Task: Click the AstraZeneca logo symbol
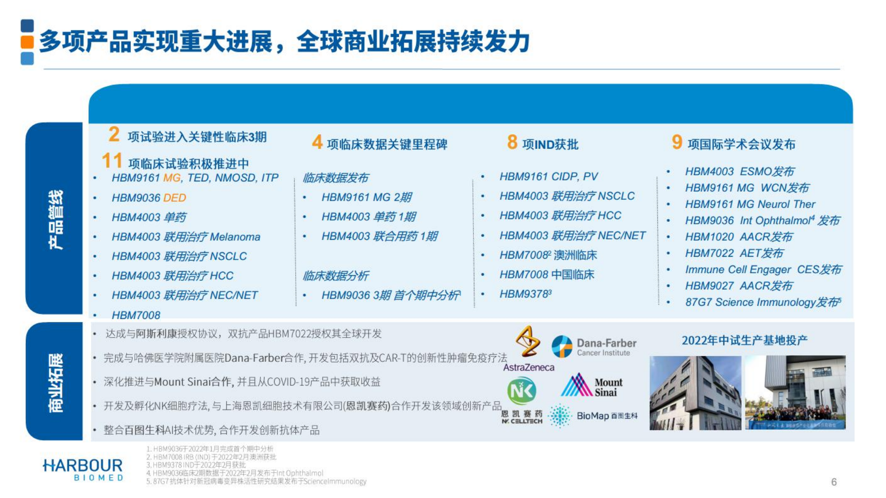(528, 342)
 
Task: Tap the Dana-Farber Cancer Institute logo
(594, 347)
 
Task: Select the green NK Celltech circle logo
(522, 391)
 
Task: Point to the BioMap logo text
(593, 416)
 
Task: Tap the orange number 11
(112, 161)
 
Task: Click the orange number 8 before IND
(512, 142)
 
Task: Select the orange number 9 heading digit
(677, 142)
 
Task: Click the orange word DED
(174, 198)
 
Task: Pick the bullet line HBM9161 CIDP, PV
(548, 177)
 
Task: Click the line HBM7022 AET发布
(734, 253)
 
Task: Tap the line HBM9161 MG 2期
(366, 197)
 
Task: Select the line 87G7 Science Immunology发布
(762, 302)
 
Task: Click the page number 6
(834, 482)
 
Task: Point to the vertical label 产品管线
(55, 219)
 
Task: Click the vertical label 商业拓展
(55, 382)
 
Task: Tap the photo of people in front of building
(795, 393)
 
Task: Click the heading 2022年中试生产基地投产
(744, 341)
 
